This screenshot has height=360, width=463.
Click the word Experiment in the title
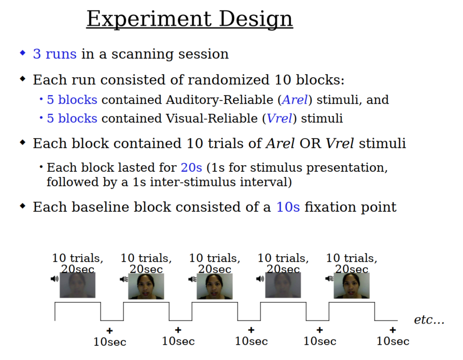click(148, 19)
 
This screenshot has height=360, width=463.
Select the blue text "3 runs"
click(54, 54)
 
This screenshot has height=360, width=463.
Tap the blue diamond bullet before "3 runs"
click(22, 53)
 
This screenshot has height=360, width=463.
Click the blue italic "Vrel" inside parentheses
click(279, 118)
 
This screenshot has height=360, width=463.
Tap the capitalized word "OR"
click(310, 143)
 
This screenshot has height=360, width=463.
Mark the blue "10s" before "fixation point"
click(288, 207)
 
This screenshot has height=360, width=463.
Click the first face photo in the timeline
click(77, 285)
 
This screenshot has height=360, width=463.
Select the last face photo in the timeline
click(352, 286)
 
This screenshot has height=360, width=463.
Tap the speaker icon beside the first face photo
click(54, 279)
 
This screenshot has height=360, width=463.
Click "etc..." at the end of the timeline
click(429, 320)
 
